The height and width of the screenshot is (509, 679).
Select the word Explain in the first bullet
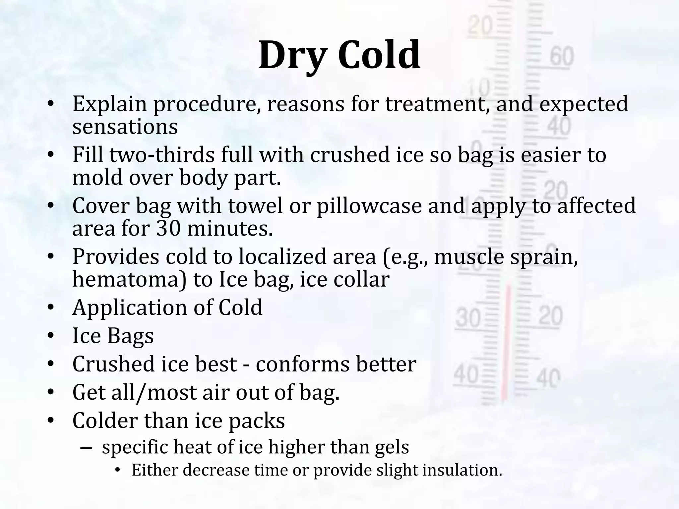(109, 104)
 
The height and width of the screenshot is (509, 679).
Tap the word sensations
(125, 127)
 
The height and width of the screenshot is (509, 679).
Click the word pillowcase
(369, 206)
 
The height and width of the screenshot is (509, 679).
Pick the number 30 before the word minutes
(168, 229)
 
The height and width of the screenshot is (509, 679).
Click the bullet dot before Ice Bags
(50, 336)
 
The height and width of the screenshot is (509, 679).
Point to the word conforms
(302, 364)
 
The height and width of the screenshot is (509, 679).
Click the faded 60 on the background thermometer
(562, 56)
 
